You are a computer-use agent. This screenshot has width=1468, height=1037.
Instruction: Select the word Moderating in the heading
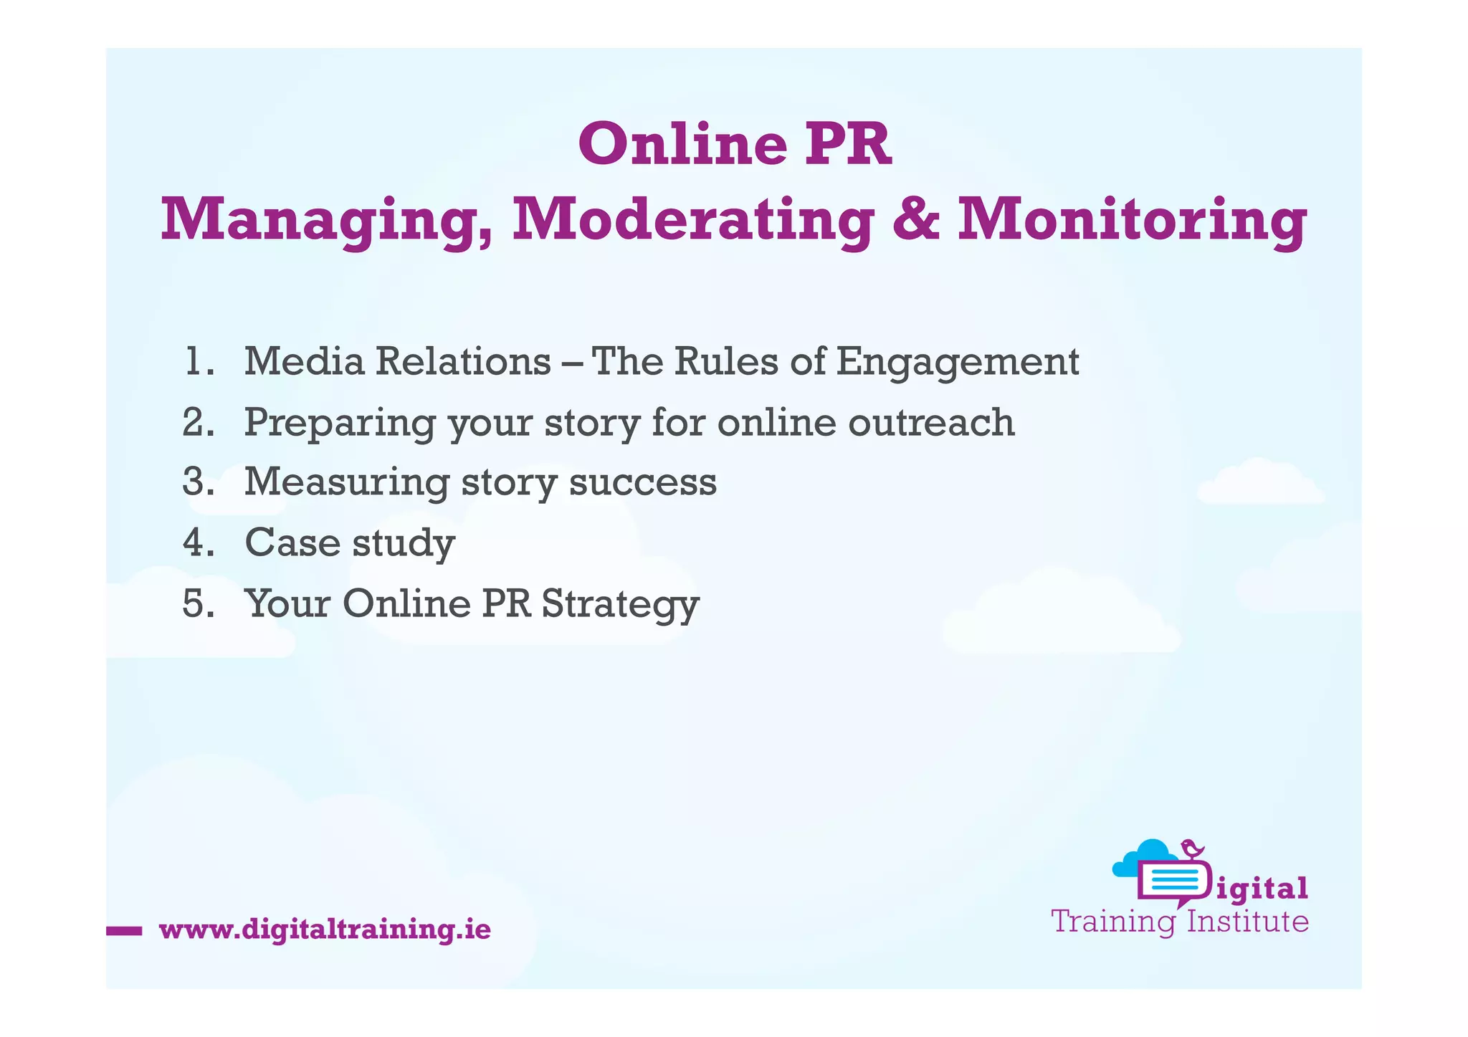pos(693,221)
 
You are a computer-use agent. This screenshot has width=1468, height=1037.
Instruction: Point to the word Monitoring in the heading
pos(1132,221)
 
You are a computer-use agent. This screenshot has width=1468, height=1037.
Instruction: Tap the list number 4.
pos(198,543)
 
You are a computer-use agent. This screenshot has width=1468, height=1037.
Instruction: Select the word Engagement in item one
pos(957,363)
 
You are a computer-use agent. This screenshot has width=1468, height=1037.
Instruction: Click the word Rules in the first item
pos(725,361)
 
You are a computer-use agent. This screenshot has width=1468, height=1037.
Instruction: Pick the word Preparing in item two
pos(339,424)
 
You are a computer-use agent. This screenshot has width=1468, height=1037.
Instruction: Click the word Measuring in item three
pos(346,483)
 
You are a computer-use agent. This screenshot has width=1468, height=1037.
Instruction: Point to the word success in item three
pos(643,483)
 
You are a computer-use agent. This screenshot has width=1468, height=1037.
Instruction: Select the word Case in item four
pos(292,543)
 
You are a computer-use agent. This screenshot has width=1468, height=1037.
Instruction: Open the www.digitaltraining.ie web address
pos(325,930)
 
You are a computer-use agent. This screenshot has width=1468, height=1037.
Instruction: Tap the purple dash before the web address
pos(123,931)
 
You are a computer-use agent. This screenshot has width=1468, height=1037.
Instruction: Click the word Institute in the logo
pos(1248,922)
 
